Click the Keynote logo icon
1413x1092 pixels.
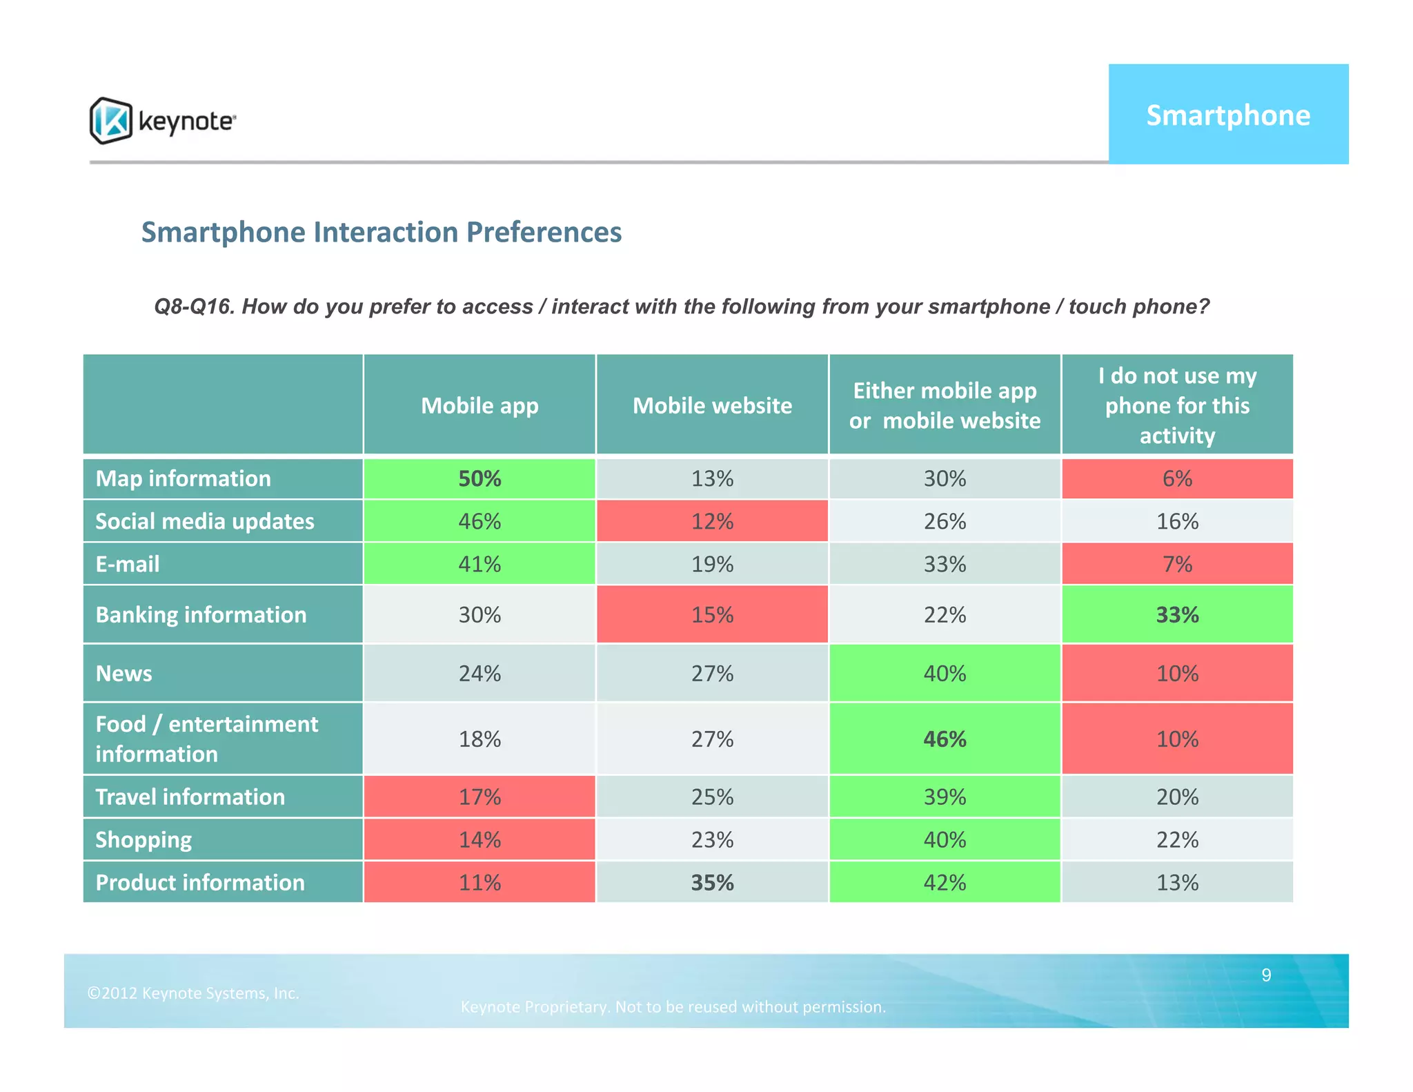[x=111, y=121]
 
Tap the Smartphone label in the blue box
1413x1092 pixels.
[x=1228, y=115]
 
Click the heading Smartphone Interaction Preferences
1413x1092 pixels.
[x=382, y=232]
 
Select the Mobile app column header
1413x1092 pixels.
[x=480, y=405]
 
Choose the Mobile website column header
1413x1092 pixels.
[x=712, y=405]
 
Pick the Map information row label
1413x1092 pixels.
[x=184, y=478]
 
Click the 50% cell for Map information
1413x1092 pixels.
[x=480, y=478]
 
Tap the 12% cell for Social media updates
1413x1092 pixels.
[x=712, y=521]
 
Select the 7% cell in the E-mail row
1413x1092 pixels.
[x=1177, y=564]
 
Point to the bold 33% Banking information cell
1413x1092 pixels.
[x=1177, y=614]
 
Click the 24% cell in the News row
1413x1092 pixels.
[x=480, y=673]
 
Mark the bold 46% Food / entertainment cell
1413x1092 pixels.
[x=945, y=739]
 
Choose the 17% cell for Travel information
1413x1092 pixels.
[x=480, y=797]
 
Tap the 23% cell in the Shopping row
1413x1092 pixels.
[x=712, y=839]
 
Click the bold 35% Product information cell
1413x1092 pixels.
[x=712, y=882]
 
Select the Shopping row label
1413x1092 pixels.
[x=144, y=839]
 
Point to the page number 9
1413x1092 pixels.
[x=1266, y=975]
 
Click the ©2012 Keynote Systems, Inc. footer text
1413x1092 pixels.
[x=193, y=993]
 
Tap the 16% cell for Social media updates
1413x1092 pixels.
[x=1177, y=521]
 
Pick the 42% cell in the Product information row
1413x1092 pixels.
[x=945, y=882]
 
